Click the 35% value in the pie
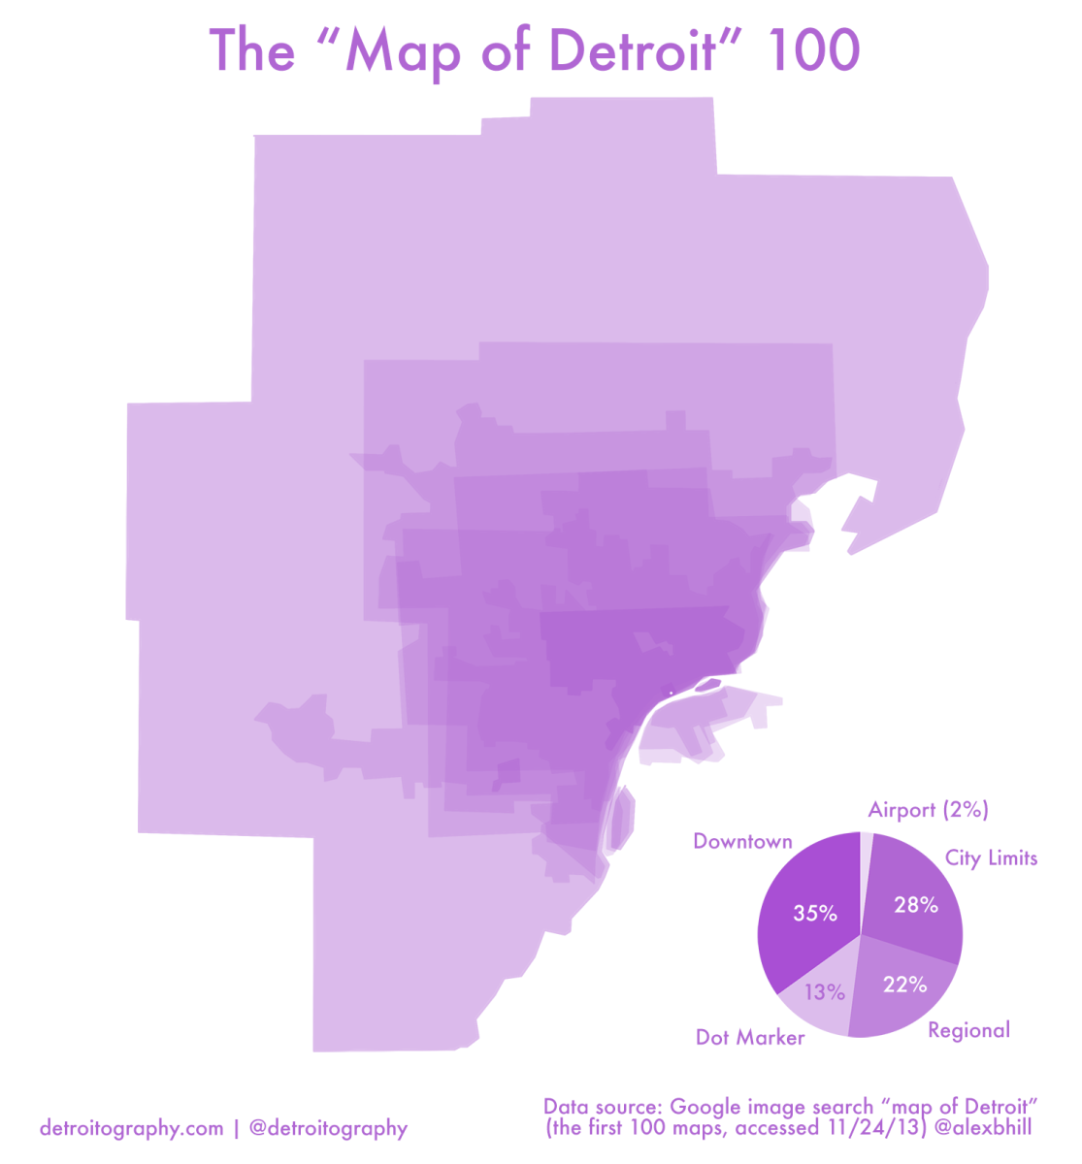click(815, 913)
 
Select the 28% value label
click(916, 905)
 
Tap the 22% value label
click(904, 985)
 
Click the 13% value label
click(825, 992)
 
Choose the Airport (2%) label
click(928, 810)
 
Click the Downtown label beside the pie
click(742, 842)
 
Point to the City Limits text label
click(991, 858)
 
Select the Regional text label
click(968, 1030)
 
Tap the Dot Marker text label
click(750, 1038)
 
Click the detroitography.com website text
click(132, 1128)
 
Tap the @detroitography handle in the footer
click(328, 1128)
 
